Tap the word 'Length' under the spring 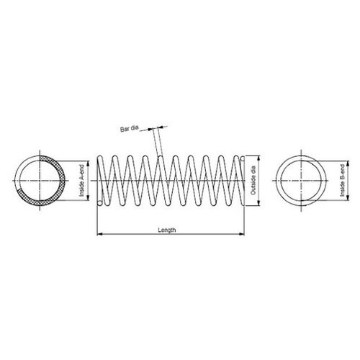pyautogui.click(x=167, y=230)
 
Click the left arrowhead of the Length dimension pyautogui.click(x=99, y=235)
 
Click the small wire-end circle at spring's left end pyautogui.click(x=99, y=202)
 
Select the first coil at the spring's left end pyautogui.click(x=102, y=181)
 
